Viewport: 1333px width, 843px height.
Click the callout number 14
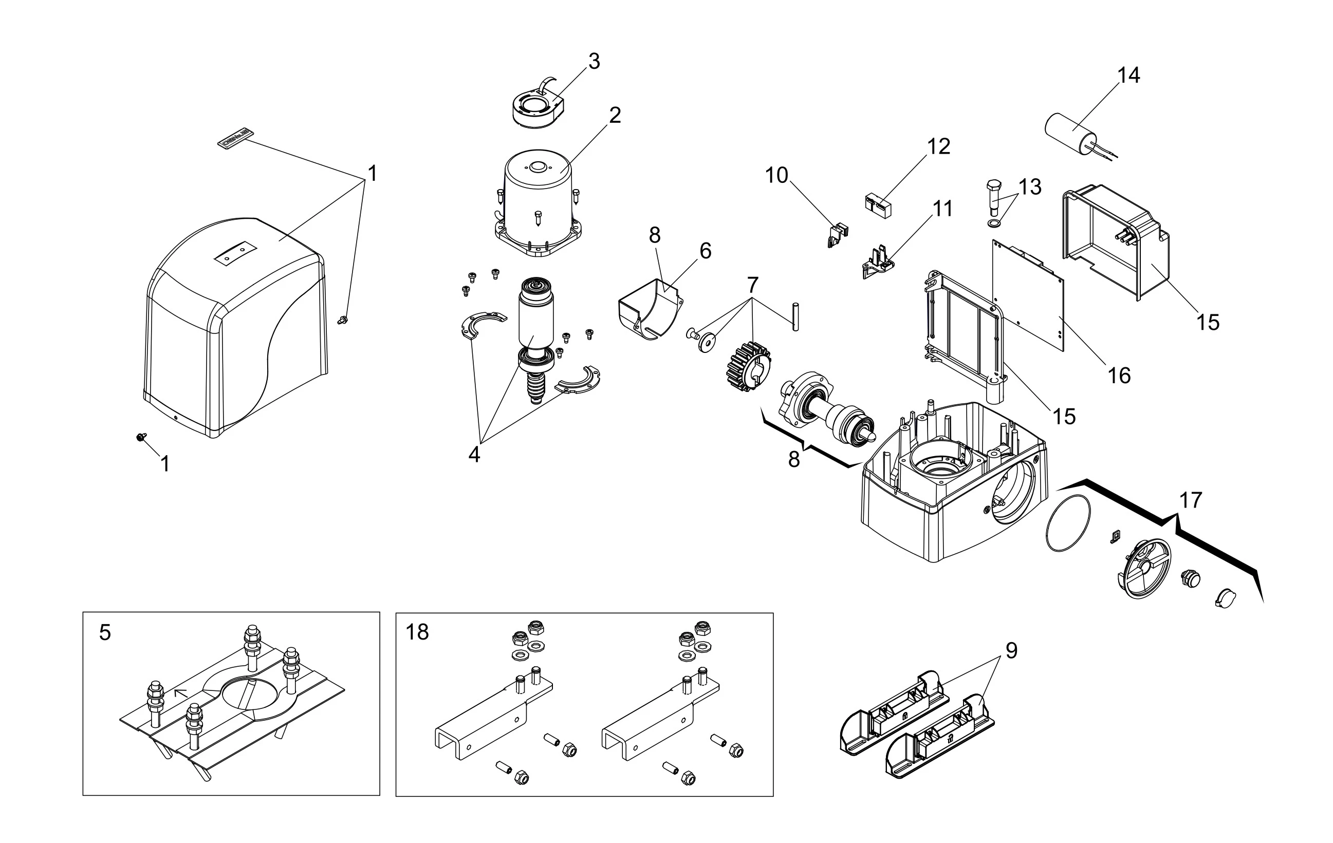pos(1128,76)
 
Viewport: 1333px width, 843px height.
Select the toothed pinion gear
pos(747,365)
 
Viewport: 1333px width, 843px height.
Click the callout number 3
pos(594,62)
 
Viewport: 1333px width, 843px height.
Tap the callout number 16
pos(1119,376)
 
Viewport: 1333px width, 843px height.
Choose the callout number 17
pos(1191,500)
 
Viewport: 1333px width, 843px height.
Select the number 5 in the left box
pos(105,632)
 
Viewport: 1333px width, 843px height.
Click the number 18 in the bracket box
pos(417,631)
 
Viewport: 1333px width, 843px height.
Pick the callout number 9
pos(1011,651)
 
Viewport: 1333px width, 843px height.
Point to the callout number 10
pos(776,176)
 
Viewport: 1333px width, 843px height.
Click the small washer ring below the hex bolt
pos(994,223)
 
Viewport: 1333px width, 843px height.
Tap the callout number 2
pos(615,115)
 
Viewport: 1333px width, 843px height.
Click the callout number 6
pos(705,251)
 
